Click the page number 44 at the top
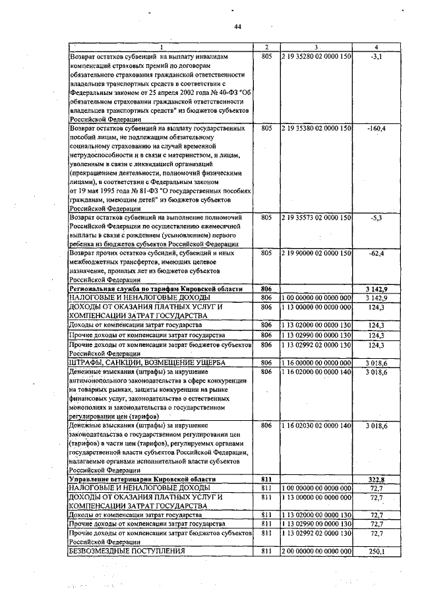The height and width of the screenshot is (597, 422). pos(238,26)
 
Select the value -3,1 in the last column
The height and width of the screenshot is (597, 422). pos(377,57)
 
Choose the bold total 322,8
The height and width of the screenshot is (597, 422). pos(375,478)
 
